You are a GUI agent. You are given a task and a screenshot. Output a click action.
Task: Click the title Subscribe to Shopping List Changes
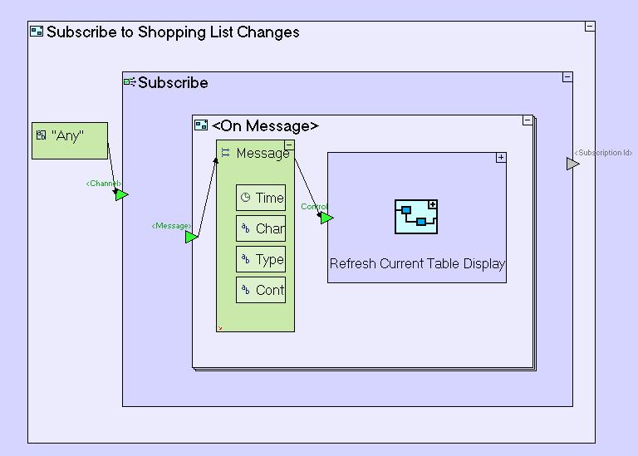coord(173,32)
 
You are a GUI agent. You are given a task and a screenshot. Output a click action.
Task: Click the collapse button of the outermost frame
coord(590,27)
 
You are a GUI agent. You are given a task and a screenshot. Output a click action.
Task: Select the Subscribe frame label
coord(173,82)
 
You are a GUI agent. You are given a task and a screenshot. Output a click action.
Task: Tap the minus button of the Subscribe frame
coord(567,77)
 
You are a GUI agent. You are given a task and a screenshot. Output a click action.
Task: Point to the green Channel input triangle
coord(121,194)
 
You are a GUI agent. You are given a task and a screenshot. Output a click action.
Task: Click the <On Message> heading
coord(265,125)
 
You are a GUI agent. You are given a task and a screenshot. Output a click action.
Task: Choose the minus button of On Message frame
coord(528,120)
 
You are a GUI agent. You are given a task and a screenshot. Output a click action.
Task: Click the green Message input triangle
coord(191,237)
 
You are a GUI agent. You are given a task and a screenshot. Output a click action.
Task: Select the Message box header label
coord(263,153)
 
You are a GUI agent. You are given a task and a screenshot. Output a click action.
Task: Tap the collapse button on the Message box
coord(289,145)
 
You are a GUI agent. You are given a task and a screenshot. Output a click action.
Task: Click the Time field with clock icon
coord(261,198)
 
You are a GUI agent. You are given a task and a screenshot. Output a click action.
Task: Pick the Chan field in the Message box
coord(261,228)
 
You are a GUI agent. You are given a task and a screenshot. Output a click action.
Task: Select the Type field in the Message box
coord(261,259)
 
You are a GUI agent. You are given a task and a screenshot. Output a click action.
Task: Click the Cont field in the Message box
coord(261,290)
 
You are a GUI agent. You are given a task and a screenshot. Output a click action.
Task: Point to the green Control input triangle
coord(326,218)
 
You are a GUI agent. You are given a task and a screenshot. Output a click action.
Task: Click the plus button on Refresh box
coord(501,158)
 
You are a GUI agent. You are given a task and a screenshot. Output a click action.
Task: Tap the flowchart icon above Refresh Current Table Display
coord(416,216)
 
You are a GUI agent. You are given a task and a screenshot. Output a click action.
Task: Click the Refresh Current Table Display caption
coord(417,264)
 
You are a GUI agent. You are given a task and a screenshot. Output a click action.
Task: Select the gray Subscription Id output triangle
coord(572,164)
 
